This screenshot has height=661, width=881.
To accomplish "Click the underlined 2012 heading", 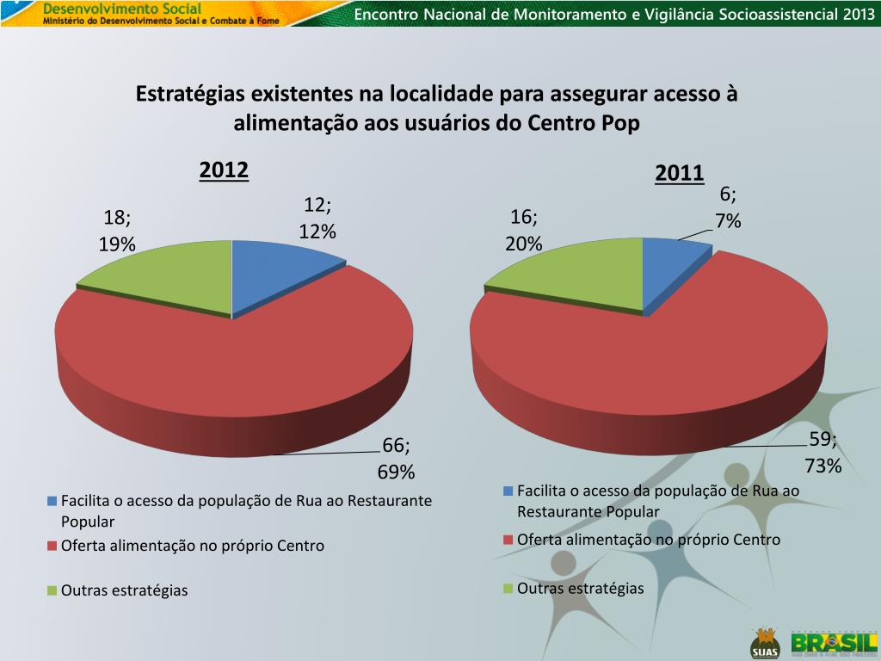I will point(224,170).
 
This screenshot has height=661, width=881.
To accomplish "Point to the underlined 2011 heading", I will point(679,174).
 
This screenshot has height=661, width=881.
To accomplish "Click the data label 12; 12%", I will point(317,218).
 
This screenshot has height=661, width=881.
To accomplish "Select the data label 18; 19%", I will point(117,232).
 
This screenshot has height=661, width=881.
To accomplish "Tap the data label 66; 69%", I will point(397,458).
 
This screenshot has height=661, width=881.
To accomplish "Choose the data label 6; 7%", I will point(728,207).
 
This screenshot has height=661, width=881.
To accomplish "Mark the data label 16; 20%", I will point(524,230).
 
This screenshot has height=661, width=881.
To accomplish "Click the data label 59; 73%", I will point(822,453).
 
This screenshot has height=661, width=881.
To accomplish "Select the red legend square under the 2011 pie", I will point(508,541).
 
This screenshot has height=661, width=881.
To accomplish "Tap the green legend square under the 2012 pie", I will point(52,590).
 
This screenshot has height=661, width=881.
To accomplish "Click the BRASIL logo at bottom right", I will point(834,643).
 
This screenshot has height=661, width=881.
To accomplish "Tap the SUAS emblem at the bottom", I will point(763,642).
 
